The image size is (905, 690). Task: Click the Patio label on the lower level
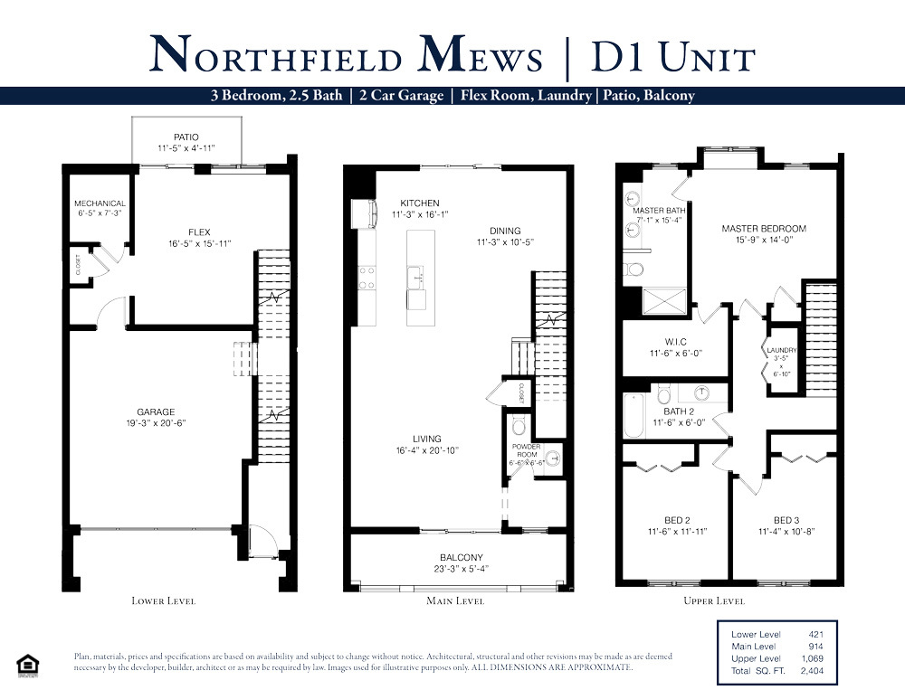coord(186,137)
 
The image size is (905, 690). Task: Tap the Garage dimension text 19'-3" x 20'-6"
coord(156,423)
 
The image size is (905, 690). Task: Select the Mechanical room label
coord(100,203)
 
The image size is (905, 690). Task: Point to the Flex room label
coord(199,232)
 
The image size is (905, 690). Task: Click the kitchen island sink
coord(416,278)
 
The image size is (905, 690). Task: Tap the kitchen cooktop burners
coord(367,277)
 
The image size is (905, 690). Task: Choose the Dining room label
coord(505,231)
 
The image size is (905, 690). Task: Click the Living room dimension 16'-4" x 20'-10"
coord(427,450)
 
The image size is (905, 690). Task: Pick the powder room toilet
coord(519,426)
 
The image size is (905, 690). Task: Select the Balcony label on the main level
coord(462,557)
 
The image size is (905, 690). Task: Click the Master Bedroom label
coord(764,229)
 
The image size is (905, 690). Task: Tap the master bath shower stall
coord(663,301)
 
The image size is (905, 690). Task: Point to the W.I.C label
coord(676,342)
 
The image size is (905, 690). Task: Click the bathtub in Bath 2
coord(633,415)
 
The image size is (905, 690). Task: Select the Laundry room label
coord(782,350)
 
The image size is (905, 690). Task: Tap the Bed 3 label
coord(786,520)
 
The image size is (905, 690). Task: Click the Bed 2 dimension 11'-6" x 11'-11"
coord(677,532)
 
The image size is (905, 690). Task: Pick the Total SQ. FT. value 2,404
coord(812,670)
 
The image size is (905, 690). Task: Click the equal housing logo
coord(28,665)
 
